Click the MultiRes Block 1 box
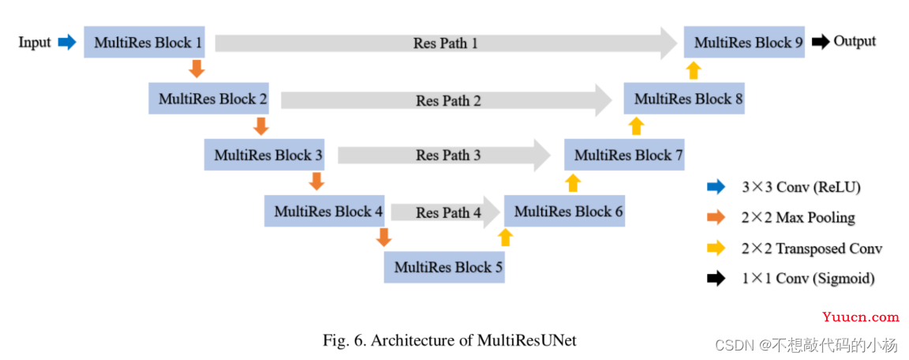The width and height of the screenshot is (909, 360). tap(144, 42)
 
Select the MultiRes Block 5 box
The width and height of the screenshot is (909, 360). tap(444, 268)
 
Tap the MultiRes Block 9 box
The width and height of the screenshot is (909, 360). tap(744, 42)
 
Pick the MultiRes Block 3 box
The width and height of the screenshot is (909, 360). tap(264, 155)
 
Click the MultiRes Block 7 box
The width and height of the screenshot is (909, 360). tap(624, 155)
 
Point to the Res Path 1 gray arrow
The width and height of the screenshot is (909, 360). tap(447, 43)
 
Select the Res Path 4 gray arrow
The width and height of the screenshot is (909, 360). tap(445, 212)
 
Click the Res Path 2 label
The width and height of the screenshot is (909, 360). tap(448, 101)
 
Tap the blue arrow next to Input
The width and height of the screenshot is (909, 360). tap(67, 42)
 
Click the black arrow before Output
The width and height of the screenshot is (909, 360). tap(821, 42)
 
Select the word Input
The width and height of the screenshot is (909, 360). tap(35, 43)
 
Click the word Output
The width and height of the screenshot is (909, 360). tap(855, 41)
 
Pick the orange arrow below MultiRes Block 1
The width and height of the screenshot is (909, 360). tap(198, 69)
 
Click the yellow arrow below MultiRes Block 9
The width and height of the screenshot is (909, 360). tap(694, 69)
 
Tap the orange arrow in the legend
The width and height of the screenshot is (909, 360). tap(716, 217)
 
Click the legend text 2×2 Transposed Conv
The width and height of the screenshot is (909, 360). tap(812, 249)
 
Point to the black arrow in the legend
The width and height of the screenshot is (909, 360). tap(716, 279)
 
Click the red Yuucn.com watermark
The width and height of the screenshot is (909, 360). tap(860, 317)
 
